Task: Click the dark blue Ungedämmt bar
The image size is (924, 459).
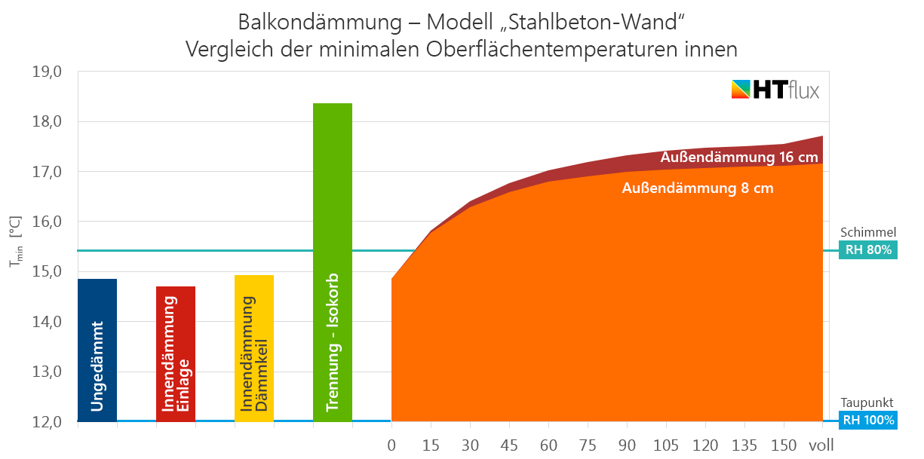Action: coord(97,350)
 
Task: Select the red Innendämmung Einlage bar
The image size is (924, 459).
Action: coord(176,353)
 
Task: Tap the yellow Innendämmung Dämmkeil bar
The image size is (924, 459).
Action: coord(254,347)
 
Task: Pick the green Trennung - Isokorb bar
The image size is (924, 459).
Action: coord(333,262)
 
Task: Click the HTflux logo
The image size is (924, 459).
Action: coord(775,90)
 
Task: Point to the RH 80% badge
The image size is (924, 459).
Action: coord(868,250)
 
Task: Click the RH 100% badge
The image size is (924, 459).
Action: coord(868,421)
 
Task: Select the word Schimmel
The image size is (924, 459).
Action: coord(868,232)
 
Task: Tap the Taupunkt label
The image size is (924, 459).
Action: coord(868,403)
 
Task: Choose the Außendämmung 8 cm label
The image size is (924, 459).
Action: coord(698,188)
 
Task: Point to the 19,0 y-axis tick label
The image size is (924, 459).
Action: coord(46,72)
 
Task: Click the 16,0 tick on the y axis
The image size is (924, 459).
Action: coord(46,222)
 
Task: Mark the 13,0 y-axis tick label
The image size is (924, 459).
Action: coord(46,372)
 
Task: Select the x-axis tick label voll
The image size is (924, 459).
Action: coord(821,445)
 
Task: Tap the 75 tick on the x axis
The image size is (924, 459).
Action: coord(588,445)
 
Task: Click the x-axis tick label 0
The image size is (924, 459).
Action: coord(391,445)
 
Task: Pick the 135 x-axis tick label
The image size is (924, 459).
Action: coord(744,445)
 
